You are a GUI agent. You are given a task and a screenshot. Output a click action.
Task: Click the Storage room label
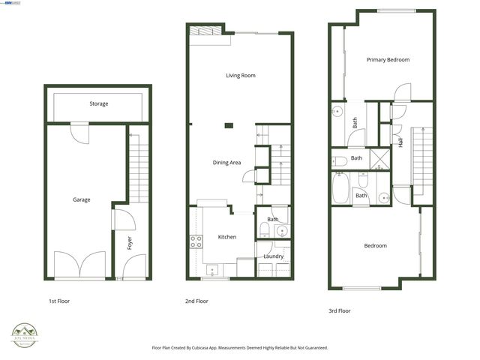pos(98,103)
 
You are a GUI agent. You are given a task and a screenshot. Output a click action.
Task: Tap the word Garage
pos(81,199)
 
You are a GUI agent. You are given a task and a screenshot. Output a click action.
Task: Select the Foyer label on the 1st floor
pos(128,243)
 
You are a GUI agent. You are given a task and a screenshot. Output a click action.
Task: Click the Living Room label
pos(241,75)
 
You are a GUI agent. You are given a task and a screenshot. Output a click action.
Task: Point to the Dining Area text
pos(226,162)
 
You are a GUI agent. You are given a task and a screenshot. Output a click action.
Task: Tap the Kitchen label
pos(226,237)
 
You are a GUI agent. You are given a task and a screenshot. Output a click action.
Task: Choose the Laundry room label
pos(273,256)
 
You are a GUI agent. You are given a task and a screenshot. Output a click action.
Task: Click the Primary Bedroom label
pos(388,59)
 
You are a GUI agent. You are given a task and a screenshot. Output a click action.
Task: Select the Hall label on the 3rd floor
pos(401,140)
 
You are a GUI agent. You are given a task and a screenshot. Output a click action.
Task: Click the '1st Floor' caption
pos(59,301)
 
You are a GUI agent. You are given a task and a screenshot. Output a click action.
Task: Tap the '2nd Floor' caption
pos(197,301)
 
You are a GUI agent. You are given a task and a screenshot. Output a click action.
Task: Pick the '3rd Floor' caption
pos(339,310)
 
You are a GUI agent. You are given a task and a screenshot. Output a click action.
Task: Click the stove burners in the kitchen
pos(196,241)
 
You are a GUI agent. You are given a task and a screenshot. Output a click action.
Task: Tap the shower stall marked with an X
pos(382,159)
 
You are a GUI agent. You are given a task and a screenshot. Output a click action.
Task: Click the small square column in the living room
pos(229,124)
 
